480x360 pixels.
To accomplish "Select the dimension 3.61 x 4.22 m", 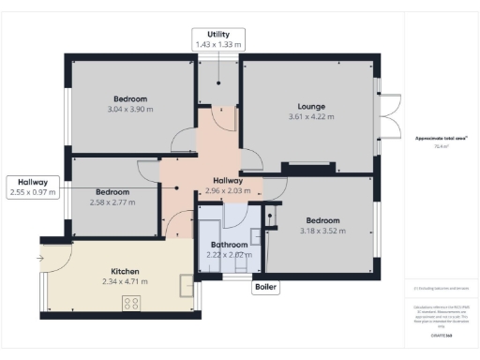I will (310, 117).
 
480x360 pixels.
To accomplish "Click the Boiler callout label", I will (265, 289).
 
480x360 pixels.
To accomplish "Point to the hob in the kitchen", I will (131, 303).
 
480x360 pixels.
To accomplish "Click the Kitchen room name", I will (125, 270).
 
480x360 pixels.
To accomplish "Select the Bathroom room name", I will (229, 244).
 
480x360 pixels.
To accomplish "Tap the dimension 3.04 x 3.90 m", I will (130, 110).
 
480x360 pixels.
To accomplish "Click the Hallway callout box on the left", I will (33, 187).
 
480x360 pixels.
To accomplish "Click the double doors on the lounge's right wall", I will (388, 117).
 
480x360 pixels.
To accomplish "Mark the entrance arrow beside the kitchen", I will (41, 257).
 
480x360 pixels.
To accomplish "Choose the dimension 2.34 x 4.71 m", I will (125, 280).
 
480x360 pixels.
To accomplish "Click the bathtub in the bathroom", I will (207, 232).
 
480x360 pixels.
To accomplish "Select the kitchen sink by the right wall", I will (187, 282).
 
